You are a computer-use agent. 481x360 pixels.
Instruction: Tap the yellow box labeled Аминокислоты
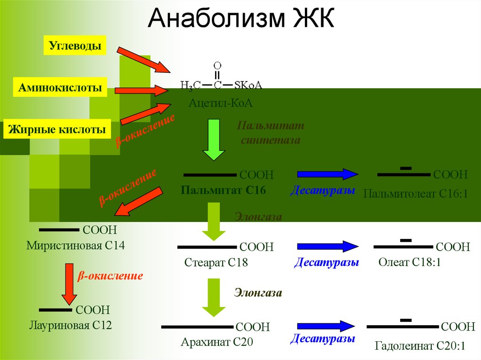pyautogui.click(x=60, y=87)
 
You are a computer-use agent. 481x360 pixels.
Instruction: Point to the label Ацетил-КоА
pyautogui.click(x=221, y=103)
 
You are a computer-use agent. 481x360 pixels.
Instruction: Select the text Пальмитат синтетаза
pyautogui.click(x=271, y=133)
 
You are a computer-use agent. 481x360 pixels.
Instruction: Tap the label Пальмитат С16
pyautogui.click(x=223, y=190)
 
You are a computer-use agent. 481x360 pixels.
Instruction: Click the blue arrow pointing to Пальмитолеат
pyautogui.click(x=328, y=174)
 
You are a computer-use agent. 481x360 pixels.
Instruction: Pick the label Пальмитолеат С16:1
pyautogui.click(x=416, y=193)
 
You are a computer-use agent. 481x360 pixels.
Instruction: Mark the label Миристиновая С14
pyautogui.click(x=76, y=245)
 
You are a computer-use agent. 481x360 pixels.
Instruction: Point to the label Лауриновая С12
pyautogui.click(x=70, y=324)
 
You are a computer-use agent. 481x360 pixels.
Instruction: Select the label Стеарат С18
pyautogui.click(x=216, y=263)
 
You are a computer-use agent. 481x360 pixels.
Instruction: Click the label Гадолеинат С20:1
pyautogui.click(x=419, y=346)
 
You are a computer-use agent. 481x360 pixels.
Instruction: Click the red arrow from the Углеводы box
pyautogui.click(x=143, y=60)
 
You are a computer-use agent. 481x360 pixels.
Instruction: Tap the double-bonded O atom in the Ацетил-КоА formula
pyautogui.click(x=217, y=66)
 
